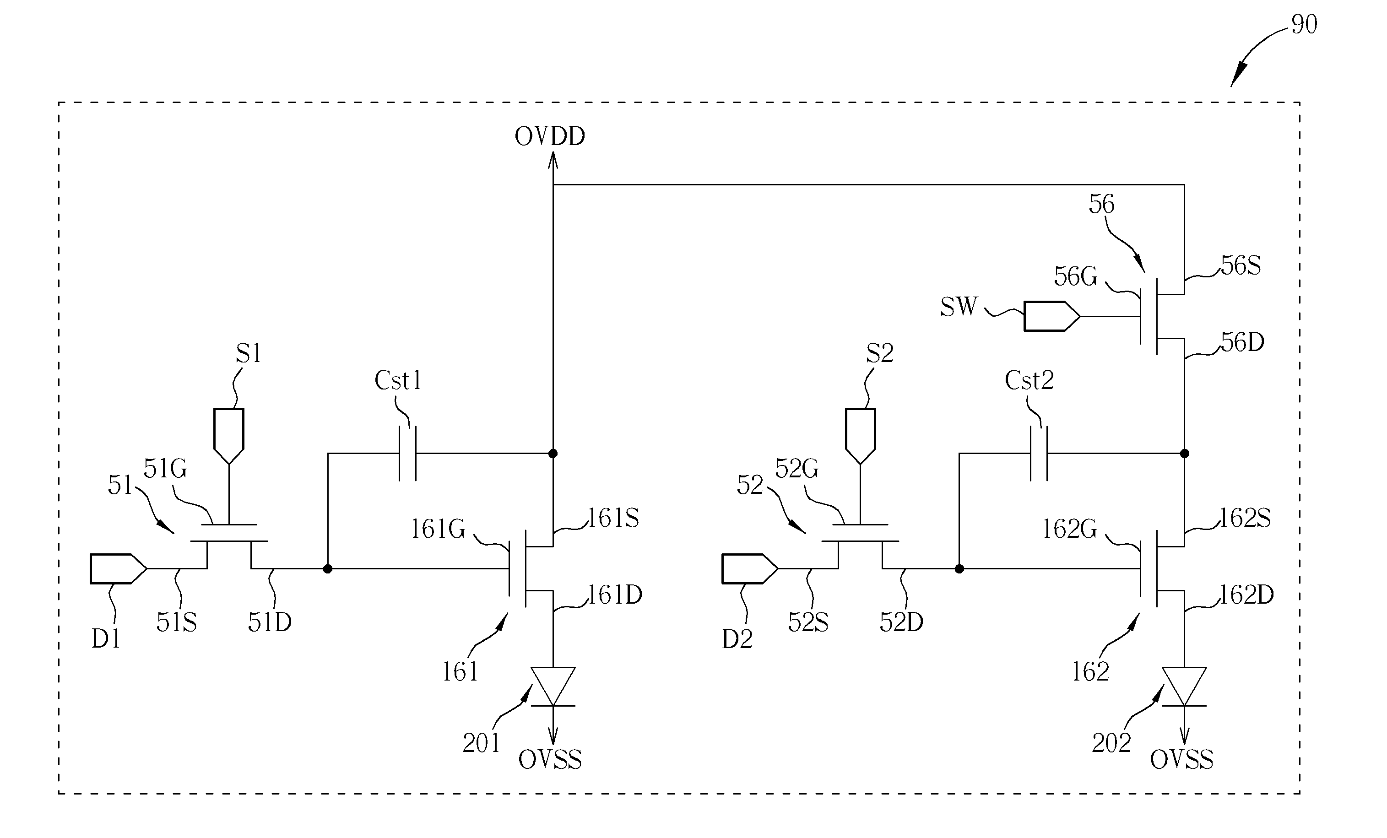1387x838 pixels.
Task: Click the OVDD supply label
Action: coord(550,136)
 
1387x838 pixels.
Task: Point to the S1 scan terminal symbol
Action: coord(229,436)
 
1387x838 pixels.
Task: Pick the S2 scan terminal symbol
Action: coord(860,436)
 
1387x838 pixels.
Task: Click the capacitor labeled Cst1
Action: coord(407,454)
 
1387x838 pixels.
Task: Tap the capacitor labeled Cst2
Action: coord(1039,454)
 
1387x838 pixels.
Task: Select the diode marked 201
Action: coord(553,687)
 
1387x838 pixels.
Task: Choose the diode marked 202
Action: coord(1184,687)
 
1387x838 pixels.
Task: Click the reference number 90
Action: coord(1304,25)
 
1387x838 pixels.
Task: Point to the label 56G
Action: coord(1075,276)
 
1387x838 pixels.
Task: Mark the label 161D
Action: coord(615,595)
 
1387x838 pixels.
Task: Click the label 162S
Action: coord(1245,518)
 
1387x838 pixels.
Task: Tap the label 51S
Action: coord(176,622)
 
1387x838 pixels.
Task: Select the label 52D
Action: coord(901,622)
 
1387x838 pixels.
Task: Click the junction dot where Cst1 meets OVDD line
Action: coord(553,454)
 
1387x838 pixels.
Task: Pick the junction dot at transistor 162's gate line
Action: coord(959,569)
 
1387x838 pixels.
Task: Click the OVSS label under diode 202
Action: coord(1181,760)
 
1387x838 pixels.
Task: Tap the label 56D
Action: coord(1242,342)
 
